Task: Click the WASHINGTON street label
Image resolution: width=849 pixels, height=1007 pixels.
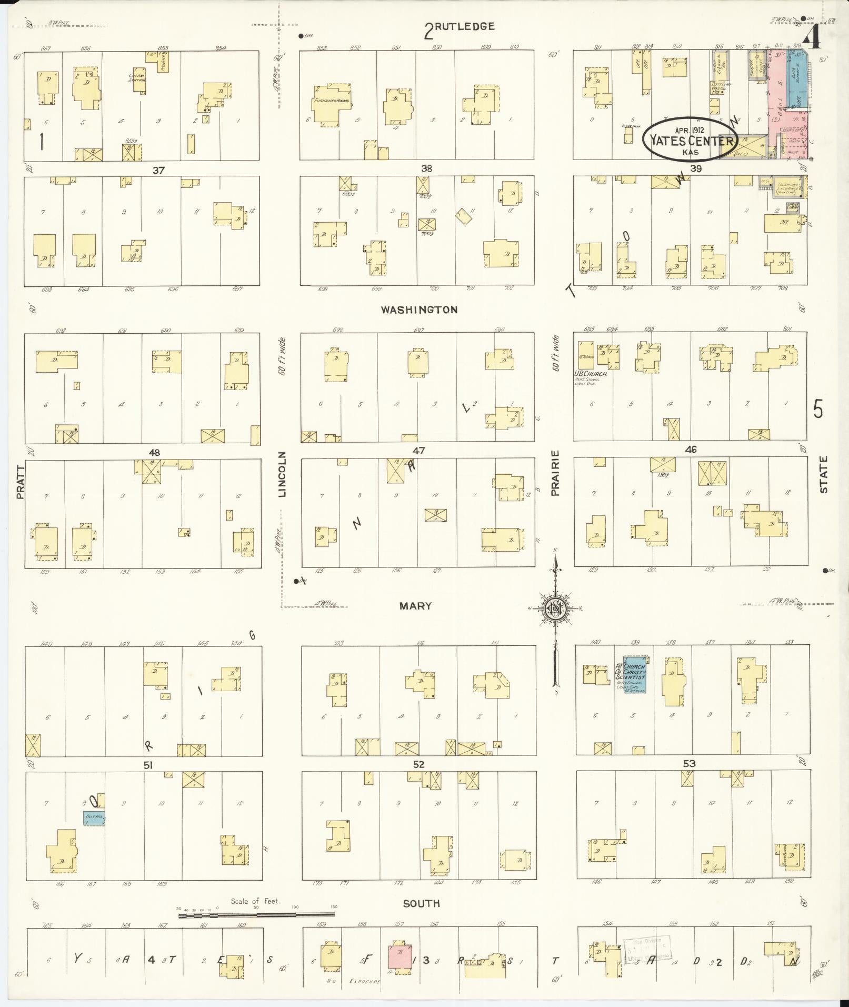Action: pyautogui.click(x=419, y=310)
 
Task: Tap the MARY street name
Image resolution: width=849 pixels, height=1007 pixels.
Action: pyautogui.click(x=415, y=606)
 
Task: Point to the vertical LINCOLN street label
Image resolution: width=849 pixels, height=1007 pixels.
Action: pyautogui.click(x=282, y=474)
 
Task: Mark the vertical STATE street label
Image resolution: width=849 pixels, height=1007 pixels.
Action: pyautogui.click(x=823, y=474)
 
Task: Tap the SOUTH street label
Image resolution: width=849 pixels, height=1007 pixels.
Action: pyautogui.click(x=421, y=903)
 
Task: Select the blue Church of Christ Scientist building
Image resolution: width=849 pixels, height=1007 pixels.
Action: pyautogui.click(x=634, y=674)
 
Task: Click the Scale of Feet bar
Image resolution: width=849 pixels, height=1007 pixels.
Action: pyautogui.click(x=256, y=915)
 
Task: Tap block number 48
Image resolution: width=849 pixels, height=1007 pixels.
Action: pyautogui.click(x=154, y=452)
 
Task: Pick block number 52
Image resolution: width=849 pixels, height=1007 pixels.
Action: pyautogui.click(x=418, y=764)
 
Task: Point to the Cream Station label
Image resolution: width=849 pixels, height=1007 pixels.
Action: pyautogui.click(x=137, y=78)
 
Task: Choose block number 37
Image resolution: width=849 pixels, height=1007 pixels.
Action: pyautogui.click(x=158, y=170)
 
